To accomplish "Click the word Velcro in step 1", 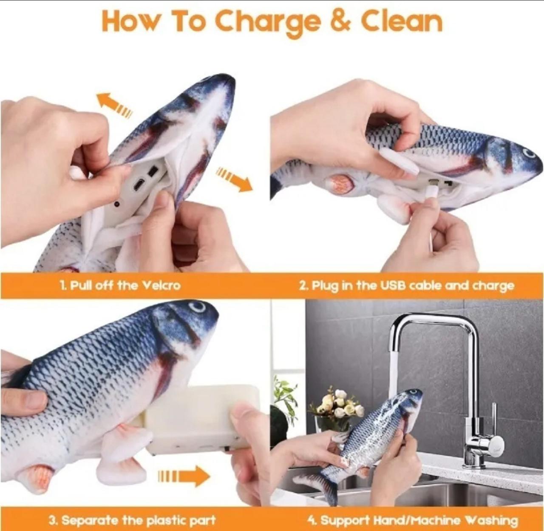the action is (161, 285).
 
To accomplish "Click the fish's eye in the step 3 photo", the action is (198, 307).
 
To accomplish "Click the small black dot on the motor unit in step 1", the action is (117, 204).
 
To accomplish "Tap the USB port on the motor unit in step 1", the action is (139, 183).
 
